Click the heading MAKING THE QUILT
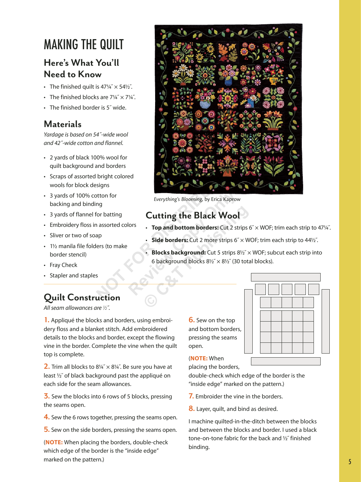(x=84, y=44)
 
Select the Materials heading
(x=63, y=124)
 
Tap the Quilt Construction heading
(x=82, y=297)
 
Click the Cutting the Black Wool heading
(x=193, y=215)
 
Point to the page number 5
(x=350, y=462)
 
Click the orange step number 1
(x=46, y=320)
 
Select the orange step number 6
(x=191, y=320)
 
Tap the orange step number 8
(x=191, y=409)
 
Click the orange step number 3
(x=46, y=396)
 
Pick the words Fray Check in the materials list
(x=64, y=265)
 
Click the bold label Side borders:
(x=170, y=240)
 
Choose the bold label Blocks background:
(x=178, y=252)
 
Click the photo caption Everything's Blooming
(x=178, y=199)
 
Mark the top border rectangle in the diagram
(x=286, y=277)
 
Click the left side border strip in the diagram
(x=248, y=321)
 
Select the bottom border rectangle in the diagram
(x=286, y=361)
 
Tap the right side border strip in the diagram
(x=325, y=321)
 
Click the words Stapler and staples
(x=74, y=275)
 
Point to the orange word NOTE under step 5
(x=54, y=442)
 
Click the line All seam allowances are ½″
(x=77, y=308)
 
